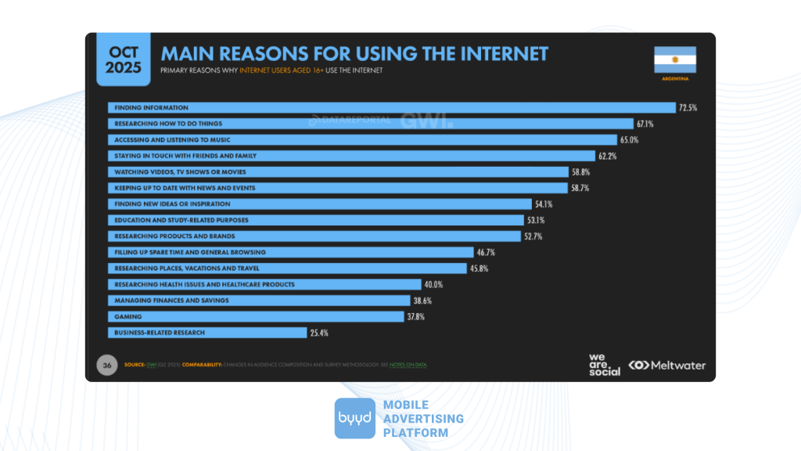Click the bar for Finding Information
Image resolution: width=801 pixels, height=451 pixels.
[x=391, y=107]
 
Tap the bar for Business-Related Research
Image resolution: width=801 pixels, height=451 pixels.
[x=207, y=333]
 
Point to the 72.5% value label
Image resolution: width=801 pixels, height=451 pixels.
[x=688, y=107]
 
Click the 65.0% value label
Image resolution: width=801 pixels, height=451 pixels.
[x=630, y=139]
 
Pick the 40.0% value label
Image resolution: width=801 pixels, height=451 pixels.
[x=433, y=284]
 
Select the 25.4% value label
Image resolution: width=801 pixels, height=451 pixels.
[x=318, y=333]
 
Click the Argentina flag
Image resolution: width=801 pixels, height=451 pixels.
[x=674, y=60]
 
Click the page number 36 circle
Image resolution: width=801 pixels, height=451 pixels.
[x=106, y=365]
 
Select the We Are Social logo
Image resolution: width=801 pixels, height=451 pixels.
[x=604, y=365]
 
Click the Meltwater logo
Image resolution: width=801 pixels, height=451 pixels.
[x=667, y=365]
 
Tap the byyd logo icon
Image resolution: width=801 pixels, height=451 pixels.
[x=354, y=418]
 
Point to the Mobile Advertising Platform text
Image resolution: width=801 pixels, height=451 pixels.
[x=423, y=419]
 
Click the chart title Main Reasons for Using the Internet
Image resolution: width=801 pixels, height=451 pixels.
[x=354, y=54]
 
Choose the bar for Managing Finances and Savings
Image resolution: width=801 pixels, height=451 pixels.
[x=258, y=301]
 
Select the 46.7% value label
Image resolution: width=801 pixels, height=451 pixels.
[x=485, y=252]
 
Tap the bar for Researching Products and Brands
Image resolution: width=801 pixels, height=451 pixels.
[x=314, y=236]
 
